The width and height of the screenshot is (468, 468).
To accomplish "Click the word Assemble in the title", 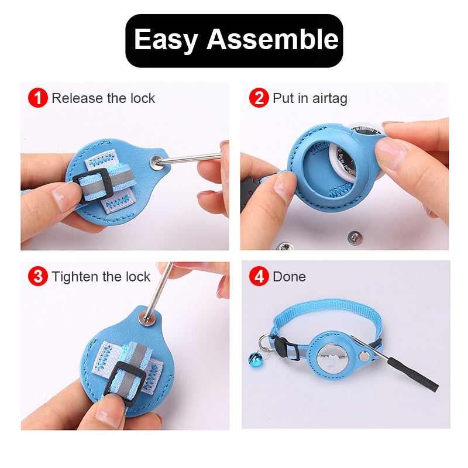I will [273, 40].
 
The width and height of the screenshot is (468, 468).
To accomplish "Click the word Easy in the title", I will [167, 40].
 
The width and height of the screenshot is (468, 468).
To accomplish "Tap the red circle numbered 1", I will [38, 98].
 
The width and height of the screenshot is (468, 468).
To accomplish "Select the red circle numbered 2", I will [259, 98].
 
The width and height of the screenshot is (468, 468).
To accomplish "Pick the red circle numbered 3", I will [38, 276].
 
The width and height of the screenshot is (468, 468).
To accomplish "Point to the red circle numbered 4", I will [259, 276].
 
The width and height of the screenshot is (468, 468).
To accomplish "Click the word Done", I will [289, 276].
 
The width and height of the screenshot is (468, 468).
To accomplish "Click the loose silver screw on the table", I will [353, 237].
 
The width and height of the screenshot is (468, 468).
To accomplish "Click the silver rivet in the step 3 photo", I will [146, 318].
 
